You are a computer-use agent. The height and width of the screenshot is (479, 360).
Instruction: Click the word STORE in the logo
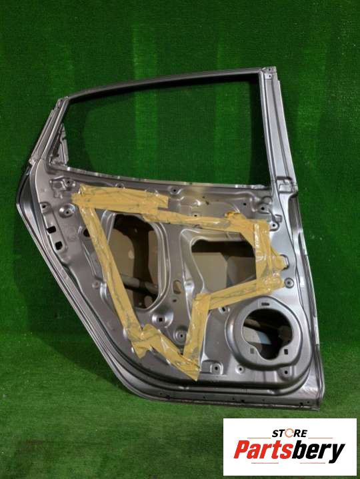point(289,433)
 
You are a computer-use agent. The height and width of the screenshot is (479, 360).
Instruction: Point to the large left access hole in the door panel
point(135,260)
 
